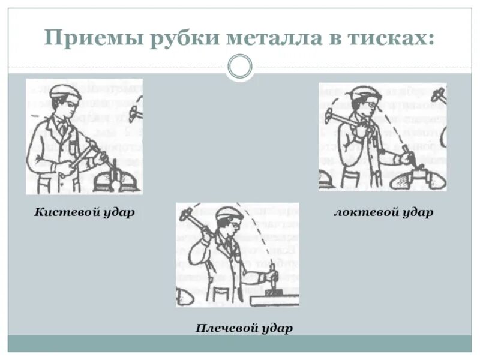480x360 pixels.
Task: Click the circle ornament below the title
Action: [240, 67]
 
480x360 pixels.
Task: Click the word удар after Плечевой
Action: [277, 328]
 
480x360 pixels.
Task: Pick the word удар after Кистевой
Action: [118, 212]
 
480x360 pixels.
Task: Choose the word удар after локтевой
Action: [418, 212]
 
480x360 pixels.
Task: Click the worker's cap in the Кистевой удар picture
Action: [65, 91]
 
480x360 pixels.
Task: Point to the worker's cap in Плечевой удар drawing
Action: [229, 214]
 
